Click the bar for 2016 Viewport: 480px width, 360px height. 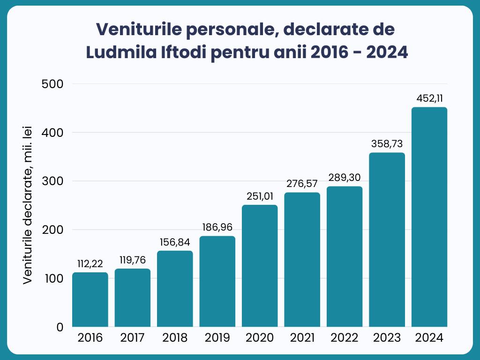pos(90,300)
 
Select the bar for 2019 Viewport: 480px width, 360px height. pos(217,281)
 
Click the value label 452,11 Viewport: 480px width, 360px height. pos(429,99)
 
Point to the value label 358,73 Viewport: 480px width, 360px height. pos(387,144)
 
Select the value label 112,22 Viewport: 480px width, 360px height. pos(90,264)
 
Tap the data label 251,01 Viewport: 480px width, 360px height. pos(260,196)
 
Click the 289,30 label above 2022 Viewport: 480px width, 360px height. pos(345,178)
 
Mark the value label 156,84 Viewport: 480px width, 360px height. pos(175,242)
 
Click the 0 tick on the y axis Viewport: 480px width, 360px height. pos(60,327)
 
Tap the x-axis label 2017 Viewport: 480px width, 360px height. pos(133,338)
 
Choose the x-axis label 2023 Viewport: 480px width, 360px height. pos(387,338)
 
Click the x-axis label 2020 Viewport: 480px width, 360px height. pos(260,338)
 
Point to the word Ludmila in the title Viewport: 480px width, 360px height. pos(119,52)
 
